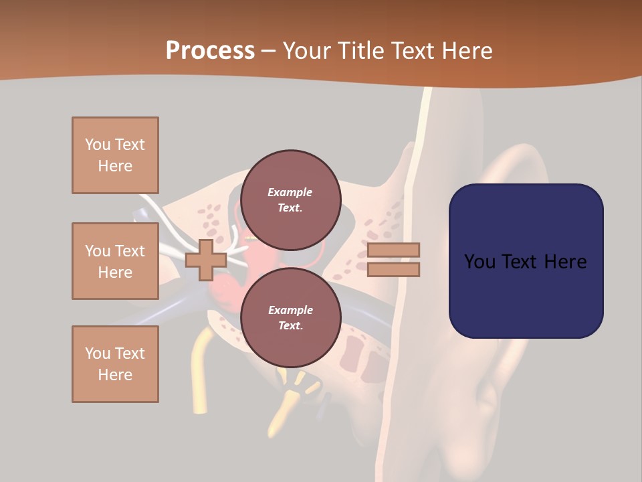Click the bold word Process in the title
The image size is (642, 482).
click(210, 51)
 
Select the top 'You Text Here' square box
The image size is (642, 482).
click(115, 155)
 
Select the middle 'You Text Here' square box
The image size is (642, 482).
click(115, 261)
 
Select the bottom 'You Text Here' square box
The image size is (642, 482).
click(115, 364)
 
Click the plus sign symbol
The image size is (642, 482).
click(206, 260)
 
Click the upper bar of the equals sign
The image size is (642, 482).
click(393, 250)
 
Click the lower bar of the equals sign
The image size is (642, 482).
click(393, 269)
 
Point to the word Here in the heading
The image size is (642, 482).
click(467, 51)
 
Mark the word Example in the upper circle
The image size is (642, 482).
click(290, 192)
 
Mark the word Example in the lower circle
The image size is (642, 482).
click(290, 310)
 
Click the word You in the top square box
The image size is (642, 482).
click(98, 145)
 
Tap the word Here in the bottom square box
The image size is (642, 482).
click(115, 375)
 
